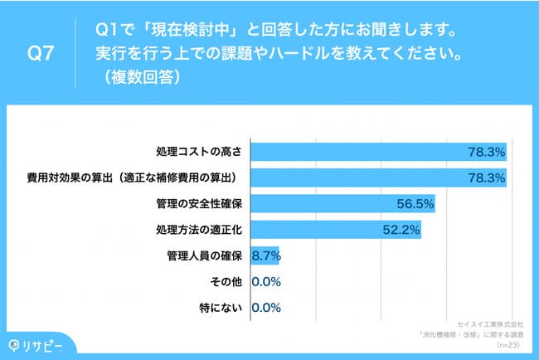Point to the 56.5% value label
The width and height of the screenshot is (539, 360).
(415, 203)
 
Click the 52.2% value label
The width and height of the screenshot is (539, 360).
(401, 229)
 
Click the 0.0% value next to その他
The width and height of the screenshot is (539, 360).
(267, 282)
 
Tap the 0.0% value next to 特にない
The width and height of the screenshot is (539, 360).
(267, 308)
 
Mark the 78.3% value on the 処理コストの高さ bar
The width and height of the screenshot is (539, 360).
(486, 152)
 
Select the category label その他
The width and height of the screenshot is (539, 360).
(226, 282)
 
